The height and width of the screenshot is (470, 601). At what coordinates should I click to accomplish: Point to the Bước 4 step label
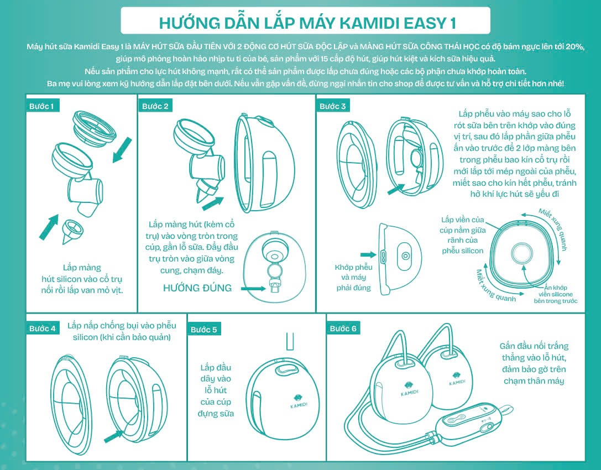[42, 328]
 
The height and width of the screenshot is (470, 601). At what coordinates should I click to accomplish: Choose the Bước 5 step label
[203, 330]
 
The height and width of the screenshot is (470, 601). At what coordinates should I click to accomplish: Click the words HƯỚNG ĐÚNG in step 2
[197, 288]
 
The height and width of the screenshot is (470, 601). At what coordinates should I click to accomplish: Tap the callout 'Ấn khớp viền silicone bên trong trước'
[555, 294]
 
